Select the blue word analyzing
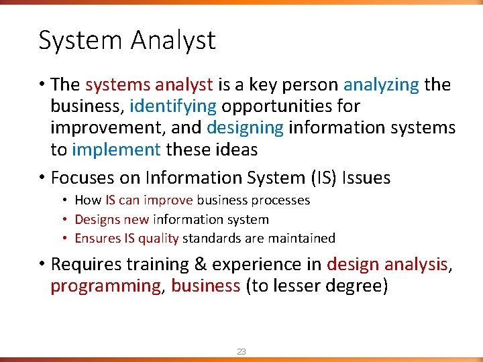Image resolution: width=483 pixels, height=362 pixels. [381, 84]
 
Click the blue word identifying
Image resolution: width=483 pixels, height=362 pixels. [173, 106]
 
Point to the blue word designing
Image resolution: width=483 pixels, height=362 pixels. [246, 127]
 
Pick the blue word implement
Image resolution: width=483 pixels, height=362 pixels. [116, 149]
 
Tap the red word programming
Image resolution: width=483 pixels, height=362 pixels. [105, 286]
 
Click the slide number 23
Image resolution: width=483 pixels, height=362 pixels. [241, 351]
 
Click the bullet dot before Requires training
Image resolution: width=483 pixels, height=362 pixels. [42, 264]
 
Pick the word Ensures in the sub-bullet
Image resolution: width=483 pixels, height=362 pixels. [97, 238]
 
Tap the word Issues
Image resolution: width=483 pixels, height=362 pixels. [366, 178]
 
